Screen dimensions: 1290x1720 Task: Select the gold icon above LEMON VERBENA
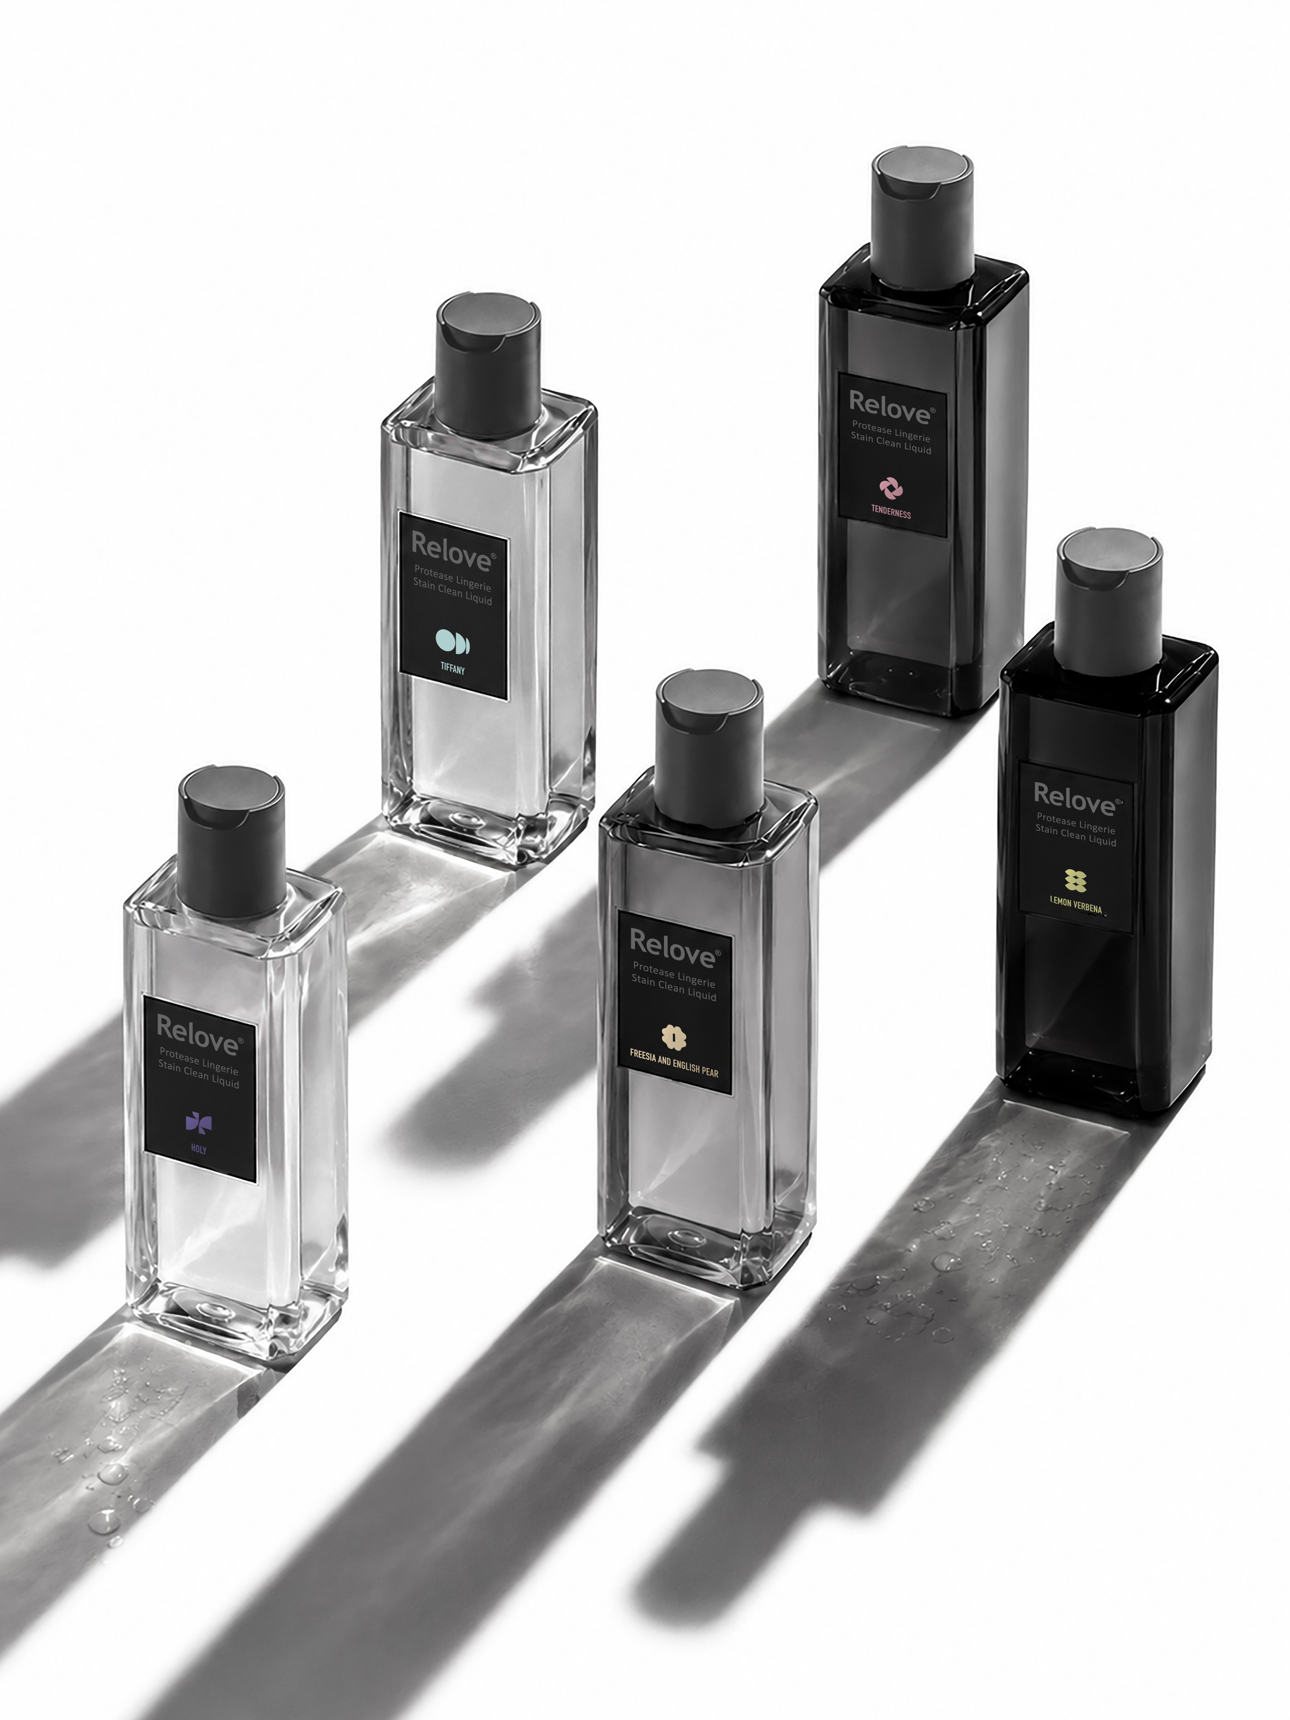click(1075, 880)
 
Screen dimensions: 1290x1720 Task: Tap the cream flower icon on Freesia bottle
click(673, 1037)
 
